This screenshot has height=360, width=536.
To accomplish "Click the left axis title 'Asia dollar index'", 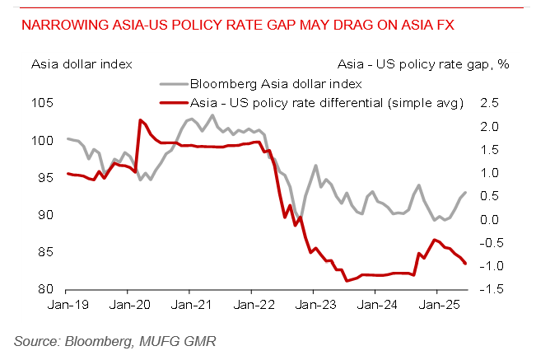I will (x=82, y=63).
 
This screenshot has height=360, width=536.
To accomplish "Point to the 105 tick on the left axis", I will (x=44, y=103).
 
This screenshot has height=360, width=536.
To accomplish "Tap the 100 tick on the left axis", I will (x=44, y=141).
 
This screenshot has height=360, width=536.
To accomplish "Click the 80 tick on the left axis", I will (x=48, y=290).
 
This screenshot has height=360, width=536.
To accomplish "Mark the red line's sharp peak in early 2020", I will (x=140, y=120).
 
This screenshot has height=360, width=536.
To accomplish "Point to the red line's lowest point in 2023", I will (x=347, y=281).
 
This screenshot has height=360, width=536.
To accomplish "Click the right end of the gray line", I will (x=466, y=193).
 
